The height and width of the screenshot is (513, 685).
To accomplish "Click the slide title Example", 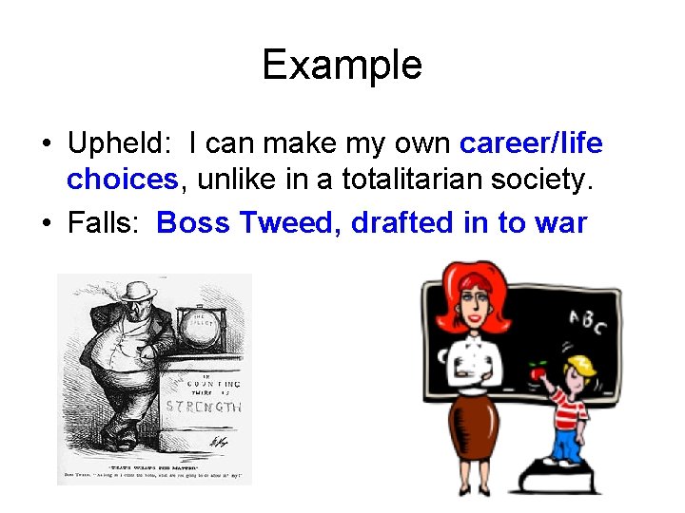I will [342, 65].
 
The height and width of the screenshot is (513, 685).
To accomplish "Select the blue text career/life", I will [530, 143].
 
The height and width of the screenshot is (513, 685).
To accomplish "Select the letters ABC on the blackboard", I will [586, 324].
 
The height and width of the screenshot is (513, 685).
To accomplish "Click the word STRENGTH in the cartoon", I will [204, 407].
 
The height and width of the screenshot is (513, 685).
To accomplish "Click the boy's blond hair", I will [576, 366].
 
